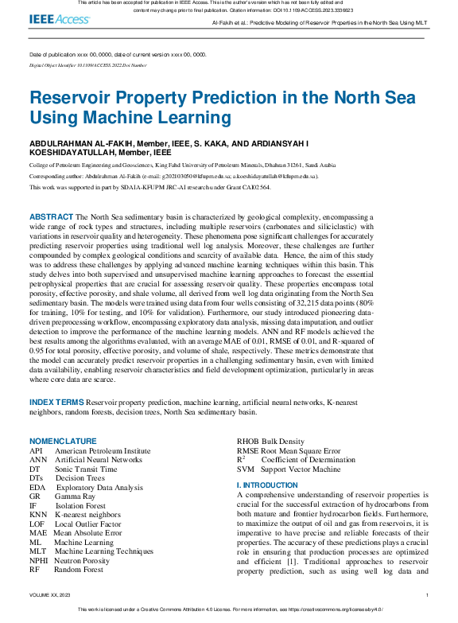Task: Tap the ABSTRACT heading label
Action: (x=51, y=216)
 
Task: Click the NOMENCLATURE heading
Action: (x=63, y=441)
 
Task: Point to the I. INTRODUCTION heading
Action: (x=267, y=485)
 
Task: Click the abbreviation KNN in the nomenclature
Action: (x=38, y=516)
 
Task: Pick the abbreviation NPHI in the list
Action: (x=40, y=559)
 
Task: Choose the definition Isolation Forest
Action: (x=80, y=506)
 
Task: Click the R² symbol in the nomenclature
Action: (x=241, y=460)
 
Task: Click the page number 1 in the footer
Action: (x=427, y=594)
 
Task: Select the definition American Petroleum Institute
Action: (x=103, y=450)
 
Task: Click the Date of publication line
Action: (x=118, y=55)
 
